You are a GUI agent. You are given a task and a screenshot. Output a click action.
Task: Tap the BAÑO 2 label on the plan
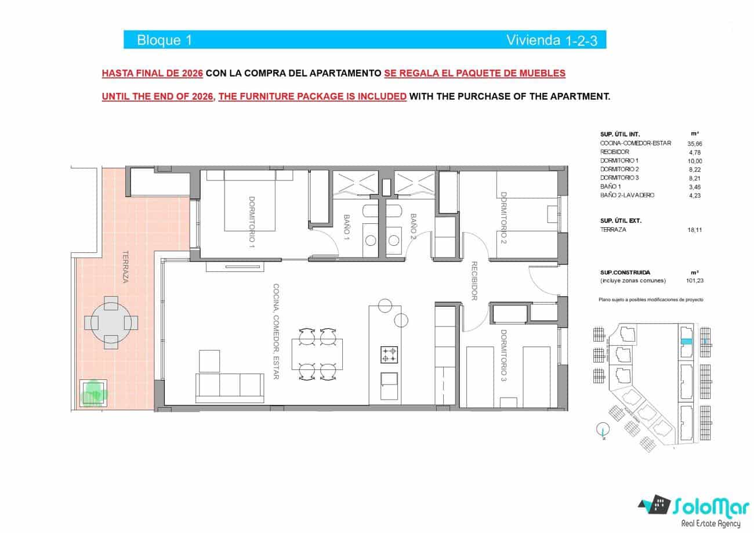coord(414,227)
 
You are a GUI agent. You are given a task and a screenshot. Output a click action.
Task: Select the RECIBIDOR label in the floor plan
coord(474,281)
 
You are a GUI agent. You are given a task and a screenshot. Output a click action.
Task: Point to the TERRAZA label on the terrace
coord(125,267)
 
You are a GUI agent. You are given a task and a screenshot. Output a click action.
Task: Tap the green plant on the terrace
coord(93,394)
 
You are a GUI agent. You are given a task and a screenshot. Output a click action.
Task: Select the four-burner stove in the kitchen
coord(388,354)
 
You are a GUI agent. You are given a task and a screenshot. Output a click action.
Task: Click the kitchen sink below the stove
coord(388,380)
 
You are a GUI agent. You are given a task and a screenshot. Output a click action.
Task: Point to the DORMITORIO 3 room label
coord(503,355)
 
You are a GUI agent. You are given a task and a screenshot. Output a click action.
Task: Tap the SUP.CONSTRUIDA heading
coord(625,272)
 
